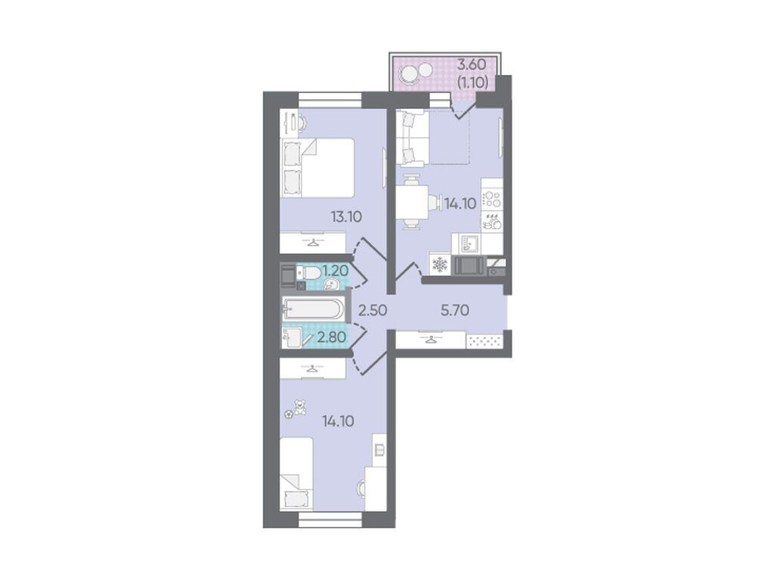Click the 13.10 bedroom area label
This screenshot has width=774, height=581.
coord(346,216)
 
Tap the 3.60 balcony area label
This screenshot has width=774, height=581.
coord(472,64)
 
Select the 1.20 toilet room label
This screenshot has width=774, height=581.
coord(336,271)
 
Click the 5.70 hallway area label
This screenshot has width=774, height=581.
coord(454,310)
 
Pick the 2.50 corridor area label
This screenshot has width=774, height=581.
coord(373,310)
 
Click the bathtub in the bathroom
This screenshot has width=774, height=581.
coord(312,309)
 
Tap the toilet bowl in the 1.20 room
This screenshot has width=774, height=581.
coord(311,272)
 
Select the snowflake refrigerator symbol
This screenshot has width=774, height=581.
coord(439,265)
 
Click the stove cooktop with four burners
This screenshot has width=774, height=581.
coord(492,200)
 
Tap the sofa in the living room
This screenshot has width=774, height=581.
coord(412,138)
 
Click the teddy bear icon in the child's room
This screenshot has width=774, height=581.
coord(299,408)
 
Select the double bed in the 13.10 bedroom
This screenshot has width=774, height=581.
coord(317,168)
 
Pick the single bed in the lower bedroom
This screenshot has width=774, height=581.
coord(296,474)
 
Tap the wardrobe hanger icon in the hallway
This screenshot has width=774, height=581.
coord(432,340)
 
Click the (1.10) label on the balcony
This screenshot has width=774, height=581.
coord(473,82)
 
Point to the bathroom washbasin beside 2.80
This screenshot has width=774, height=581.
coord(292,337)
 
